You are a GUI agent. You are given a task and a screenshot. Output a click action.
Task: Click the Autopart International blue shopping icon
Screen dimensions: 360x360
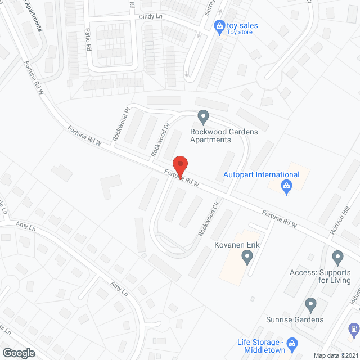(x=286, y=187)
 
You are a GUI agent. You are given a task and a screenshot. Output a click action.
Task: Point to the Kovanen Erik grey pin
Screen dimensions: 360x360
(x=246, y=258)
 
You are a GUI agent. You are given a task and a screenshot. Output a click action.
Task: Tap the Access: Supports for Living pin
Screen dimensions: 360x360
(x=337, y=258)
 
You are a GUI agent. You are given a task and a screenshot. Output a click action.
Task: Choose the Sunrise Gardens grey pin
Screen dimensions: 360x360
(x=310, y=305)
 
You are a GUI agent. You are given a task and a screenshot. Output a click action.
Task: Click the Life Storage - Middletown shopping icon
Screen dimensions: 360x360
(x=292, y=343)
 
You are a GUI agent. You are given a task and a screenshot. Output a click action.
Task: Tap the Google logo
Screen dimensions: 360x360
(x=18, y=353)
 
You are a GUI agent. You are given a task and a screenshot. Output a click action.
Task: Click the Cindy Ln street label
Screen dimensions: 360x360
(x=150, y=17)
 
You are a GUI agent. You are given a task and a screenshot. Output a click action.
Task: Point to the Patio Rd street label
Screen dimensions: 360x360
(x=88, y=39)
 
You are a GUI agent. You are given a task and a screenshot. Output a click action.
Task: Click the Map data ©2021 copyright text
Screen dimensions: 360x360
(x=336, y=355)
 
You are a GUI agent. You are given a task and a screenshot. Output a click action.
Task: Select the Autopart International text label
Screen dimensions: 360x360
(x=261, y=175)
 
